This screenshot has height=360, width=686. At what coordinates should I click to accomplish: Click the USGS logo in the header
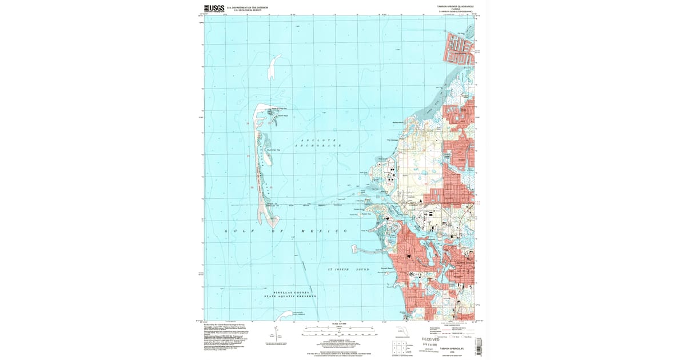pos(214,8)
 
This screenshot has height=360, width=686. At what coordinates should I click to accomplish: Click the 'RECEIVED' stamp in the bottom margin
pos(432,339)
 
